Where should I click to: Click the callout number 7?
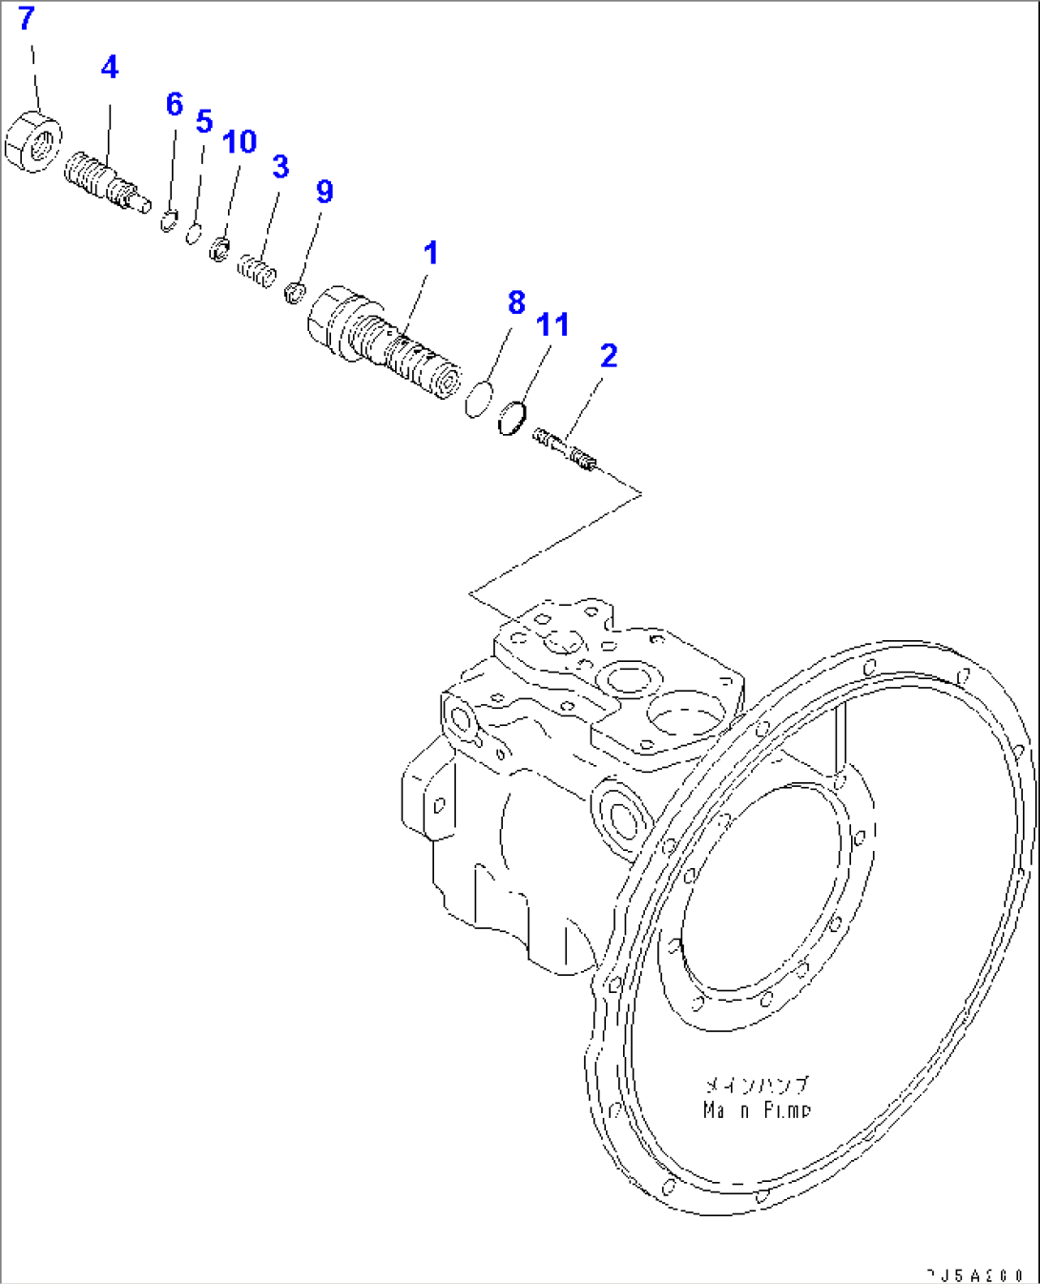click(26, 19)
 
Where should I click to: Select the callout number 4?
click(110, 68)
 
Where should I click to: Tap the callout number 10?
click(239, 142)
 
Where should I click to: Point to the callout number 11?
click(552, 324)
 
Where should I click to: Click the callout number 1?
click(430, 254)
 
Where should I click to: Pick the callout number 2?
click(609, 356)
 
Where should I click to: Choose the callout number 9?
click(324, 192)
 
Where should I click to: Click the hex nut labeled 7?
click(33, 142)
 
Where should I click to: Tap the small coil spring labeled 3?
click(256, 268)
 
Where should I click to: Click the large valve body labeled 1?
click(382, 339)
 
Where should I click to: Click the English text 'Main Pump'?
click(757, 1110)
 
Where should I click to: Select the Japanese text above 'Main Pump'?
click(757, 1086)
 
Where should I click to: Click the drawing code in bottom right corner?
click(975, 1274)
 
